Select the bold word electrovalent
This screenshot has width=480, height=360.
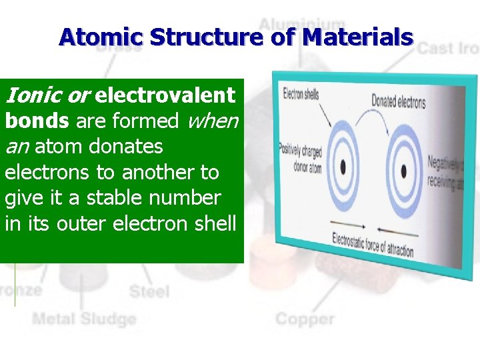click(x=165, y=95)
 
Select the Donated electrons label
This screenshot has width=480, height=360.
click(x=398, y=101)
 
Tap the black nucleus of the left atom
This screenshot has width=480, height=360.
click(x=343, y=165)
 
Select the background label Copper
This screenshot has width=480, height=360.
click(x=305, y=319)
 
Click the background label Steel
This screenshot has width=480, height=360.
click(x=149, y=291)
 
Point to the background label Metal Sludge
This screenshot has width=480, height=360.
click(x=84, y=319)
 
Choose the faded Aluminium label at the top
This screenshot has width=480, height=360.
click(x=301, y=25)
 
